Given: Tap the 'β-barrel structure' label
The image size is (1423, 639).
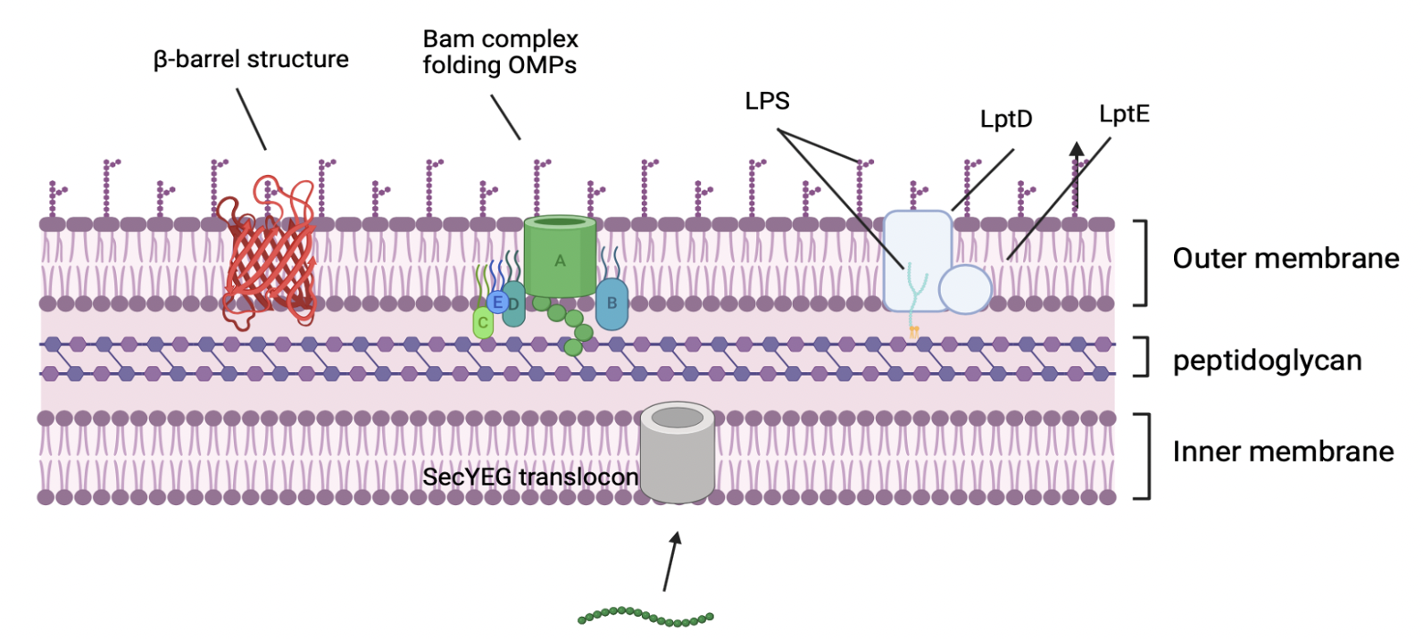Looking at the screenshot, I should point(251,60).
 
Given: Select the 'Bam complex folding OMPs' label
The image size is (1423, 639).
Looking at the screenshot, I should point(500,52).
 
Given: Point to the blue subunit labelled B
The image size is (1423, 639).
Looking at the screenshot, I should point(612,303).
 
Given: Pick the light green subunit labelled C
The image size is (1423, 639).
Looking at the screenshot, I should point(483,322).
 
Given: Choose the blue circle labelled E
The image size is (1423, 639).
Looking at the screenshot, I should point(497,302).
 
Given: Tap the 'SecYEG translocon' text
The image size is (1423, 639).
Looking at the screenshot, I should point(530,477).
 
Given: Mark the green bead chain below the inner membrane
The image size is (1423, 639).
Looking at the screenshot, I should point(645,617).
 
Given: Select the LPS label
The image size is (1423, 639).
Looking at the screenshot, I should point(767,101).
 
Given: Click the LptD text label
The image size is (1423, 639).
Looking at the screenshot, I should point(1006,119).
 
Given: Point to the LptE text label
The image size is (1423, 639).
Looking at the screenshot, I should point(1124,114).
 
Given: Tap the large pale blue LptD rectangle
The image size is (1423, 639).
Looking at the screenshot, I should point(917,250).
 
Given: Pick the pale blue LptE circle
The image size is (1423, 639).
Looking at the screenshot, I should point(965,289).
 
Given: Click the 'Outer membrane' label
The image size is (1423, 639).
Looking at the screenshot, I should point(1286,259).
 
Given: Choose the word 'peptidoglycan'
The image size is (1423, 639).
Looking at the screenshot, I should point(1267,361).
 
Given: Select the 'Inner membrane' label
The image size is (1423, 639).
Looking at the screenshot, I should point(1283,452).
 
